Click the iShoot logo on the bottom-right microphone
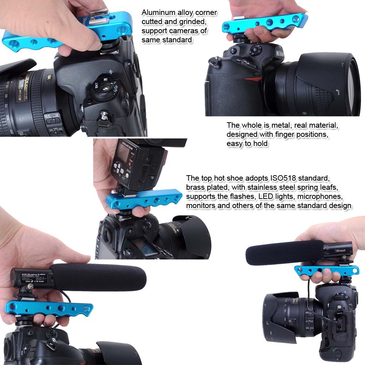coord(340,251)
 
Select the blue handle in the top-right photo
coord(265,23)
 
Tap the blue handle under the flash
coord(144,199)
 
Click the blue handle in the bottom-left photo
coord(47,309)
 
